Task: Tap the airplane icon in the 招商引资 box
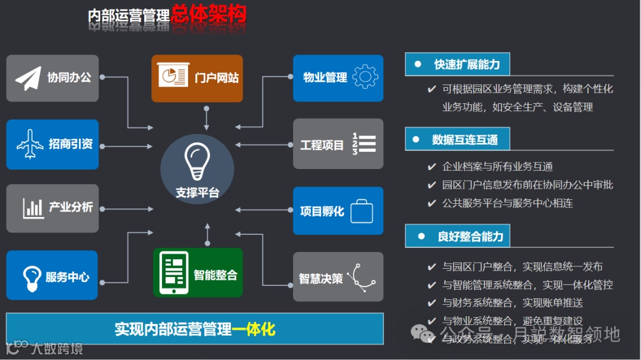tap(30, 145)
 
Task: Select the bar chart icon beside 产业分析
tap(33, 208)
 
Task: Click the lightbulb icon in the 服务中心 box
tap(31, 276)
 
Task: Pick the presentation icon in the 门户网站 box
tap(172, 78)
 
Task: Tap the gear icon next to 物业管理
tap(364, 77)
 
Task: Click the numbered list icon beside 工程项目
tap(364, 144)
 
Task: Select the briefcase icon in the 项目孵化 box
tap(361, 211)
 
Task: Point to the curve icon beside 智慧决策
tap(362, 276)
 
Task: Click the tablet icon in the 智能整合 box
tap(175, 273)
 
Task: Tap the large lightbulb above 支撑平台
tap(196, 160)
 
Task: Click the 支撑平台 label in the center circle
tap(197, 193)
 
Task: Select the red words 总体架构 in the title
tap(208, 14)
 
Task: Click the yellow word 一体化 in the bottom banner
tap(254, 329)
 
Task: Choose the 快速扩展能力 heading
tap(467, 65)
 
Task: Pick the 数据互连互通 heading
tap(465, 140)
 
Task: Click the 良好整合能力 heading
tap(470, 237)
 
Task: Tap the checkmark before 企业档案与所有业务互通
tap(431, 167)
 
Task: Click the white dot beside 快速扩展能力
tap(418, 64)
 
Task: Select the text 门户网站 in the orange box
tap(217, 78)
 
